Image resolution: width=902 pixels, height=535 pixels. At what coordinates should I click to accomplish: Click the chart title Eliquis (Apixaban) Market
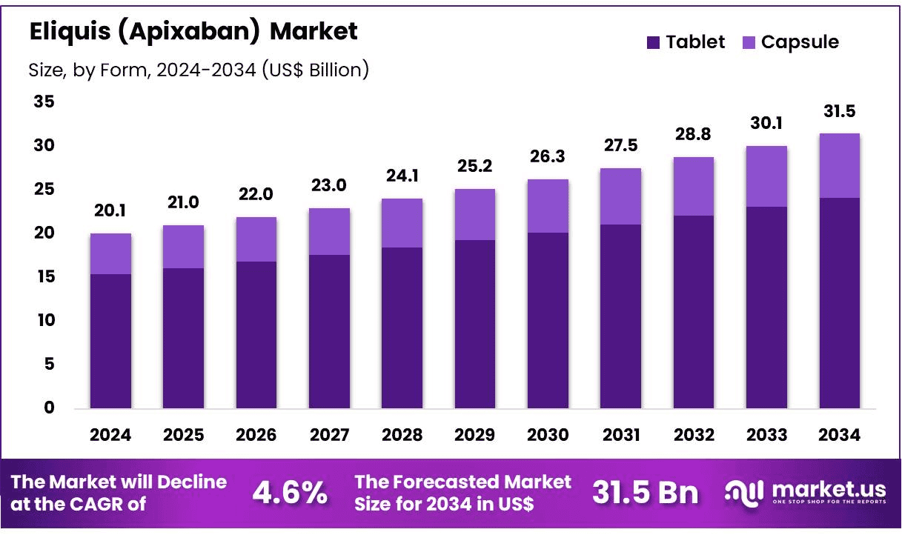(x=193, y=31)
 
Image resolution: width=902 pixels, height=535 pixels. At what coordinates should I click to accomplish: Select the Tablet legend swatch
(x=653, y=42)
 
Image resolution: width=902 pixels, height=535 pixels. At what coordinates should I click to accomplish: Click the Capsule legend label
(x=800, y=42)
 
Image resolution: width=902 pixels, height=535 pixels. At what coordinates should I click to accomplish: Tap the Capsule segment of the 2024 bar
(x=110, y=253)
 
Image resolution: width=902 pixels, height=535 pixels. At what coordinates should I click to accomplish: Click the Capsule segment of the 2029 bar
(x=475, y=214)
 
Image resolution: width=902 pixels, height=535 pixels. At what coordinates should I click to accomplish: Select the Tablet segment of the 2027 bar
(x=329, y=331)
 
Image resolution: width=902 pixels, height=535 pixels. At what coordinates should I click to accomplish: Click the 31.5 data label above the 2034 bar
(x=839, y=112)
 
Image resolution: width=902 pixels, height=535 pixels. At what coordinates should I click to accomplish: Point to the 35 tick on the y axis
(x=44, y=102)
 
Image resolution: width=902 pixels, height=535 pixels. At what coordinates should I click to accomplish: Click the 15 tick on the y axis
(x=44, y=276)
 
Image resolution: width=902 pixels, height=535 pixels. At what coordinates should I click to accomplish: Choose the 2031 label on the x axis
(x=620, y=435)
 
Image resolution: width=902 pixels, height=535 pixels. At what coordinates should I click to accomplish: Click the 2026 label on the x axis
(x=256, y=435)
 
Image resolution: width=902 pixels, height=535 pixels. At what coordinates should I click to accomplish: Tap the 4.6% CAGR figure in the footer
(x=290, y=493)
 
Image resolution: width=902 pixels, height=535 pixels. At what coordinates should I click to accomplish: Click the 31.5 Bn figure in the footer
(x=645, y=493)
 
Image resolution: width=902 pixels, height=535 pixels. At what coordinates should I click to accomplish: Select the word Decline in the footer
(x=191, y=482)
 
